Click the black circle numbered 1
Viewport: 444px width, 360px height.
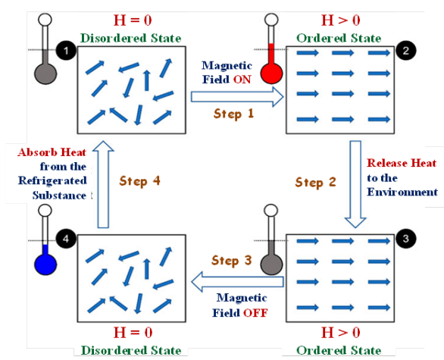[x=66, y=51]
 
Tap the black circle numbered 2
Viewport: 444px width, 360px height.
[x=406, y=51]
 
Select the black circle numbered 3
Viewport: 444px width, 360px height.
[x=406, y=239]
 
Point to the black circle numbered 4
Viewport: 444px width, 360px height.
[x=66, y=239]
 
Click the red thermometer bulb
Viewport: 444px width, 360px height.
[x=271, y=74]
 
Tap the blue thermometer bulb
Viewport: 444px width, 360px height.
[x=45, y=264]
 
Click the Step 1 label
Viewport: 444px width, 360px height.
[x=233, y=114]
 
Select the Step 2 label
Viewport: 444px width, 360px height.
[x=315, y=183]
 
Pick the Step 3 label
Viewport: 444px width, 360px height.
[x=232, y=261]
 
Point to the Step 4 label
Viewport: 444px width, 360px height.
[x=140, y=181]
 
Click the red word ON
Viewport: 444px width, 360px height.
[x=242, y=80]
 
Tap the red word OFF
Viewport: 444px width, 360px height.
[x=255, y=313]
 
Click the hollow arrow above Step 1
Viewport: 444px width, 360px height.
[x=237, y=97]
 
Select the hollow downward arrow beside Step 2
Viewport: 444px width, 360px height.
[x=355, y=184]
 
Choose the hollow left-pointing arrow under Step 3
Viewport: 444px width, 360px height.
[x=237, y=282]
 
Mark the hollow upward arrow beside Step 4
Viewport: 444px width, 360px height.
[x=103, y=184]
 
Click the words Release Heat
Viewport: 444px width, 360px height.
[x=402, y=163]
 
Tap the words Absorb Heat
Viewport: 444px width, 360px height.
[x=52, y=152]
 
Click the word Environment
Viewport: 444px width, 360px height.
[x=402, y=192]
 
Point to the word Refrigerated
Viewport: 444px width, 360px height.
[x=52, y=180]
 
